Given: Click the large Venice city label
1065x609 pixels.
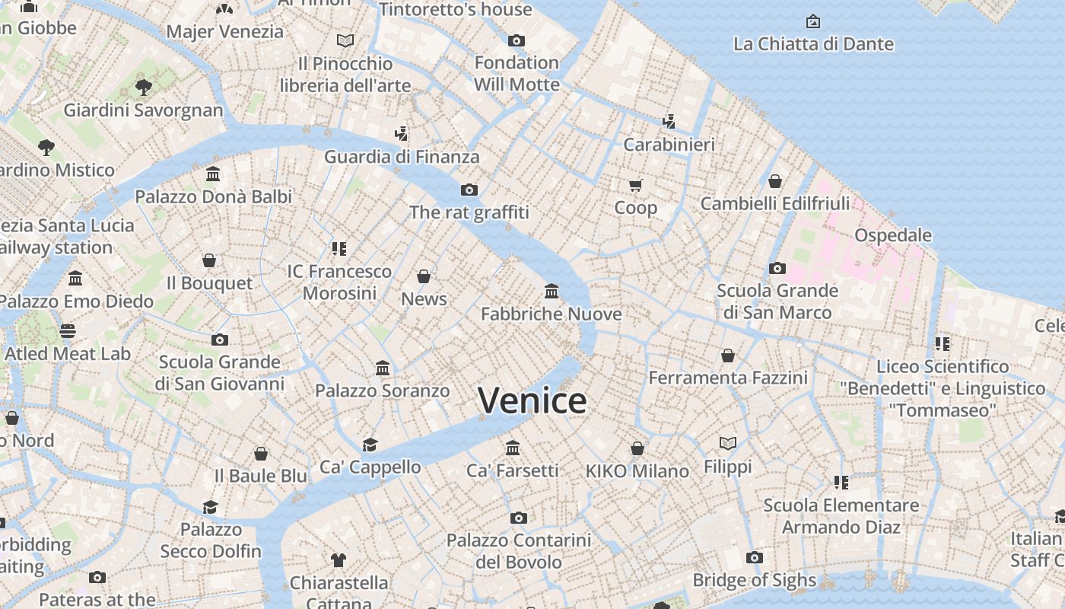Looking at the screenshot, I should pos(532,400).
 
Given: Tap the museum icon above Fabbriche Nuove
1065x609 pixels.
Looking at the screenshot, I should pos(552,291).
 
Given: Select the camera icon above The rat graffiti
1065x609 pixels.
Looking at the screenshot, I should pos(469,190).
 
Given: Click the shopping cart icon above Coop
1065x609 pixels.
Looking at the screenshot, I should pos(636,185).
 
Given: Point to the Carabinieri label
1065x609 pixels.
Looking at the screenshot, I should pos(669,145).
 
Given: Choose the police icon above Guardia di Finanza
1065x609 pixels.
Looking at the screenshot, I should pos(402,134).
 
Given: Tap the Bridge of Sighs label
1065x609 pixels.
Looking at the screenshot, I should pos(754,580).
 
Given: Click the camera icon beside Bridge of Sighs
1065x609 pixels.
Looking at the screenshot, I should pos(754,558).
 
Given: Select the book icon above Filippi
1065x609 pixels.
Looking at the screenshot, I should pos(728,443).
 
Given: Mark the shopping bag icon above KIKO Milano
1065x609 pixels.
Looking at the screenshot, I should pos(637,449).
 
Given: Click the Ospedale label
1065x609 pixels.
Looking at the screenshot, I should pos(893,234).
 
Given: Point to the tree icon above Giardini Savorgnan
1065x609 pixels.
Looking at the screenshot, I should pos(143,88).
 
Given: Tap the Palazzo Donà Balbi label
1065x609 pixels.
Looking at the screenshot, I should pos(213,196).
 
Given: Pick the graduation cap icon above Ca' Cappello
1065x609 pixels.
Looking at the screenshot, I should pos(370,445).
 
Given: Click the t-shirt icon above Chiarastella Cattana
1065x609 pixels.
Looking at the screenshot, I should pos(339,560).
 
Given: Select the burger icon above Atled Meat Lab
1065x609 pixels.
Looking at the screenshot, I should pos(68,331).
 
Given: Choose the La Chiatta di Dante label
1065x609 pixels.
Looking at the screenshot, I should pos(813,44).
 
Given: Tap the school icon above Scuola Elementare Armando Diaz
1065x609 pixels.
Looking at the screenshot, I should pos(841,482).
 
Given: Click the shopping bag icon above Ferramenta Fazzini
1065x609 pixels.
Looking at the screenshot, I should pos(728,356).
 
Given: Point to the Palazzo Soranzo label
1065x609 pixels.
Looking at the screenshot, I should pos(383,391).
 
